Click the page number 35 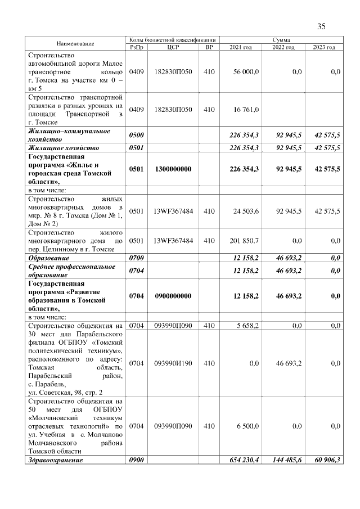[x=321, y=26]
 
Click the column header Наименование [x=75, y=44]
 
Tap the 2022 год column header [x=283, y=47]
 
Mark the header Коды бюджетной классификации [x=172, y=40]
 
